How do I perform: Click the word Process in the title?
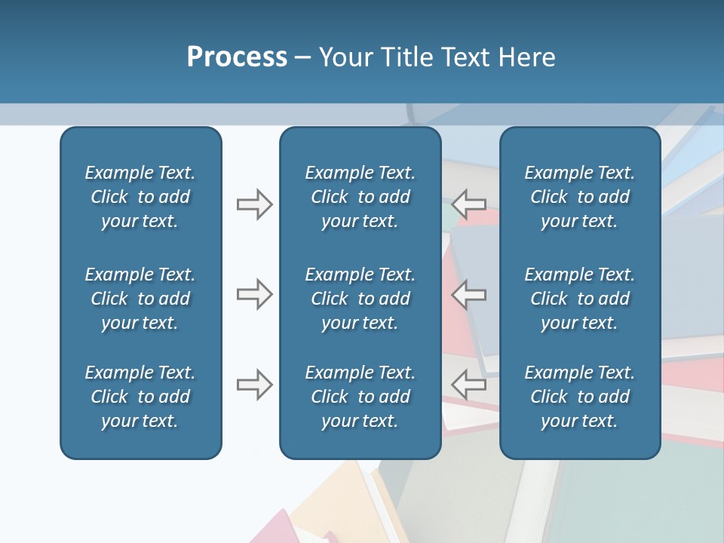click(x=237, y=57)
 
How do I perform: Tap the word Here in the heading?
click(x=526, y=57)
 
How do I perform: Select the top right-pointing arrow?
click(x=254, y=204)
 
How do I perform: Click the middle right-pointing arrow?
click(x=254, y=294)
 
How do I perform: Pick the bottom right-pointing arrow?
click(x=254, y=384)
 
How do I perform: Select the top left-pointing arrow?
click(x=469, y=204)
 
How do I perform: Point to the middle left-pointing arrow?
click(x=469, y=294)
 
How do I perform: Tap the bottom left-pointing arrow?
click(x=469, y=384)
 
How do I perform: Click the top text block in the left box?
click(x=140, y=197)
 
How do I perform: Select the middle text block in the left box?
click(x=140, y=299)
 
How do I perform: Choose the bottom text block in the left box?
click(x=140, y=397)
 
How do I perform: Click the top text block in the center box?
click(x=360, y=197)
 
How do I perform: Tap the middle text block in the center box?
click(x=360, y=299)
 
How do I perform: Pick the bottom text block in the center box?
click(x=360, y=397)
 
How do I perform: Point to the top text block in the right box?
click(x=579, y=197)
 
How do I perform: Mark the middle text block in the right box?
click(x=579, y=299)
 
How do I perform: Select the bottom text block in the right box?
click(x=579, y=397)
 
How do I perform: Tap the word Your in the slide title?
click(x=344, y=57)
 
